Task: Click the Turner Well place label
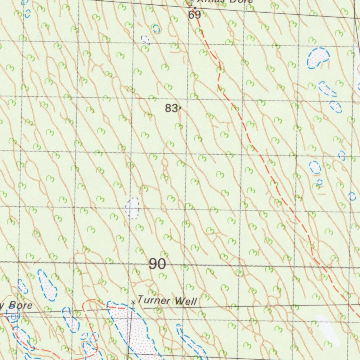[x=167, y=301]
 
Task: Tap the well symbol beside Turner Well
[x=133, y=302]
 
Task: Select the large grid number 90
[x=157, y=264]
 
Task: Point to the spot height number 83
[x=171, y=109]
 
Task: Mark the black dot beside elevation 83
[x=180, y=108]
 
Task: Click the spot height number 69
[x=194, y=15]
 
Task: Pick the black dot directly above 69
[x=195, y=8]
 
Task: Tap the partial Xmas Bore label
[x=225, y=1]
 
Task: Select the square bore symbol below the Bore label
[x=13, y=317]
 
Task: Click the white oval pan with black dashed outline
[x=132, y=208]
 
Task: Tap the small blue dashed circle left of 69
[x=156, y=29]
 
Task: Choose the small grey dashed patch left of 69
[x=145, y=40]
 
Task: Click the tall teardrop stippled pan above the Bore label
[x=47, y=285]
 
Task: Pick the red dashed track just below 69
[x=204, y=35]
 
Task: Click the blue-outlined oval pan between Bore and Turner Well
[x=71, y=320]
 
